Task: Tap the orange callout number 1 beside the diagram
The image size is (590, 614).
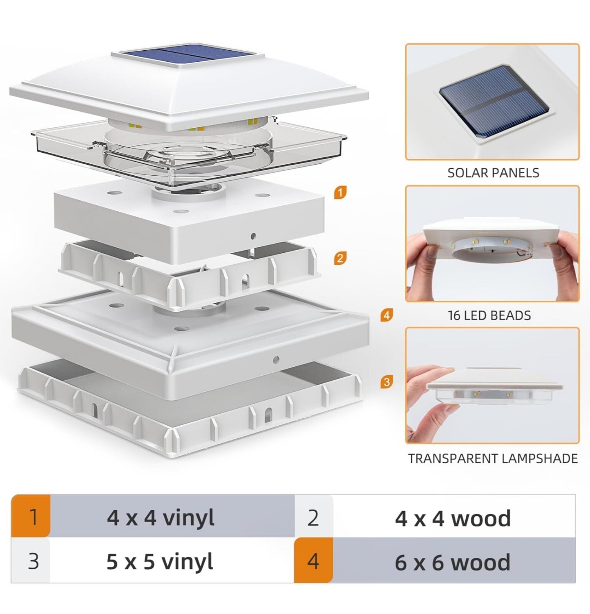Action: (x=340, y=192)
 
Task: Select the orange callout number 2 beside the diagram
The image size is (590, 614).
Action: (x=340, y=258)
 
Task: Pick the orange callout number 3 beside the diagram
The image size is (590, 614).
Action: (x=386, y=382)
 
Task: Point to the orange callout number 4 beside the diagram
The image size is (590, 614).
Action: (x=386, y=315)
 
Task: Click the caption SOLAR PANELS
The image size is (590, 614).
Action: (x=493, y=173)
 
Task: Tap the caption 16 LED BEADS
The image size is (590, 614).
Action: (x=489, y=315)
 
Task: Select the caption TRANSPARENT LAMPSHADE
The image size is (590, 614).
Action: (x=493, y=459)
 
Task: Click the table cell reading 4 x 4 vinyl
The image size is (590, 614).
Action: (x=160, y=518)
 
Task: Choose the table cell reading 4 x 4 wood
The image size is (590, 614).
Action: (x=453, y=518)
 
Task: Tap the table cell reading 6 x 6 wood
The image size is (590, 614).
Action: (x=453, y=562)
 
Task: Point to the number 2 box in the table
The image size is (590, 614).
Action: (x=313, y=518)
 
